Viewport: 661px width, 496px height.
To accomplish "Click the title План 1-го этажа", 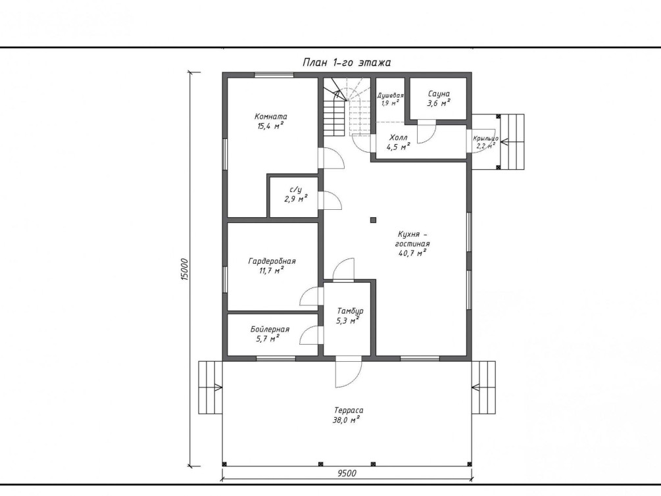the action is pyautogui.click(x=347, y=62).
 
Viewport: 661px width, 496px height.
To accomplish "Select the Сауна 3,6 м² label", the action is pyautogui.click(x=439, y=98).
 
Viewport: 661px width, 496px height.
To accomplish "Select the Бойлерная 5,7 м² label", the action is pyautogui.click(x=270, y=334).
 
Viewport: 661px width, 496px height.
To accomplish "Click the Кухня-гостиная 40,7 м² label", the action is pyautogui.click(x=412, y=244).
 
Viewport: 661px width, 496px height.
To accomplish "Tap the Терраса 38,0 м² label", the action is pyautogui.click(x=349, y=414).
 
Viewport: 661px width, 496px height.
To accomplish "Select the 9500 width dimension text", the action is pyautogui.click(x=347, y=473).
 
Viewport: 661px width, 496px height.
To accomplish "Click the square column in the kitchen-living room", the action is pyautogui.click(x=373, y=220).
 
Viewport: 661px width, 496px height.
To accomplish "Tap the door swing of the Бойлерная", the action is pyautogui.click(x=311, y=336).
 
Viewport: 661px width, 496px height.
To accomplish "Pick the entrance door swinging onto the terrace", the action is pyautogui.click(x=348, y=372).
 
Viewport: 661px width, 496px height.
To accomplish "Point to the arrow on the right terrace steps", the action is pyautogui.click(x=476, y=387).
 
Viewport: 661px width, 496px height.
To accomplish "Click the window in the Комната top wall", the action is pyautogui.click(x=274, y=75).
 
